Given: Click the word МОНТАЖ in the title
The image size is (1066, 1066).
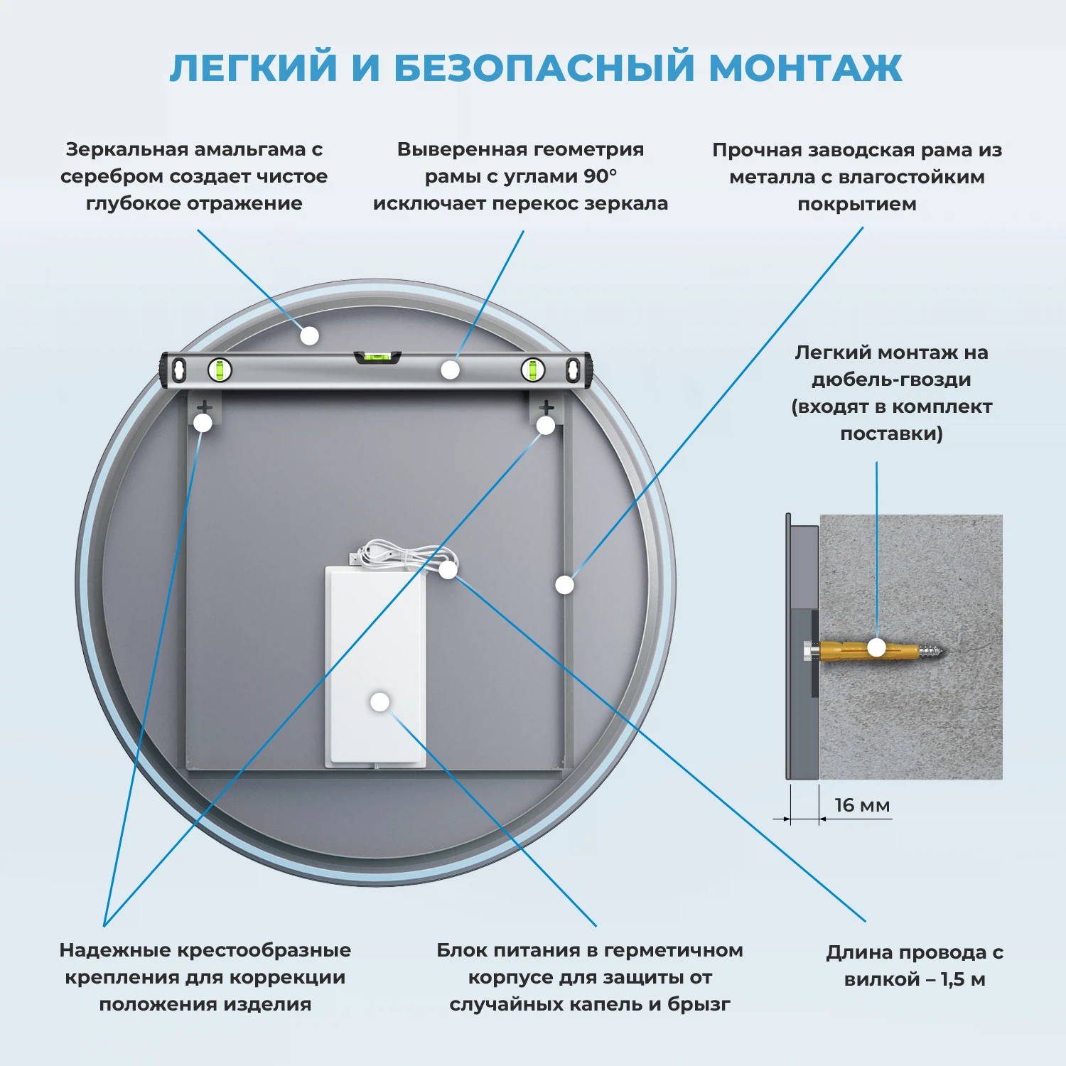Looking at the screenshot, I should [805, 68].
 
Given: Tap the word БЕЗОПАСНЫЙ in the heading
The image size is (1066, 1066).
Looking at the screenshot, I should [544, 68].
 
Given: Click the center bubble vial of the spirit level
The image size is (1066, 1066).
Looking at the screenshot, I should [377, 356].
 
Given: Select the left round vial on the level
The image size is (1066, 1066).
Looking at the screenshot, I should [220, 370].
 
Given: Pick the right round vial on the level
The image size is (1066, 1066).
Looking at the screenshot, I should [532, 370].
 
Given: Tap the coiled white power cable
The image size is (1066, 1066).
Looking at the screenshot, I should [398, 553].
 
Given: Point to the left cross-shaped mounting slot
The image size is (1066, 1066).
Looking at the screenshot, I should [204, 408].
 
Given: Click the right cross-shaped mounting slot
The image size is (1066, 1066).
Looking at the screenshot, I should [546, 408].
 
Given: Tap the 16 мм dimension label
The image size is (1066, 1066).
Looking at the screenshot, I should [861, 805].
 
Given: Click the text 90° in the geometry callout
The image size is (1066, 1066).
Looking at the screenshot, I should [601, 176].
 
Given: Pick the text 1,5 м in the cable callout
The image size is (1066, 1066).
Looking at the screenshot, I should [963, 979].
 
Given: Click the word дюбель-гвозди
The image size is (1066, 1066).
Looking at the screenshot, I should [891, 379].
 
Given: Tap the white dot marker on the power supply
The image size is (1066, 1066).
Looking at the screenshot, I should [380, 702].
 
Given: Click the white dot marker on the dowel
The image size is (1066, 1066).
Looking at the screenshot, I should [877, 647].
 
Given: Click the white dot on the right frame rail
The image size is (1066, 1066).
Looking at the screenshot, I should [564, 585].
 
